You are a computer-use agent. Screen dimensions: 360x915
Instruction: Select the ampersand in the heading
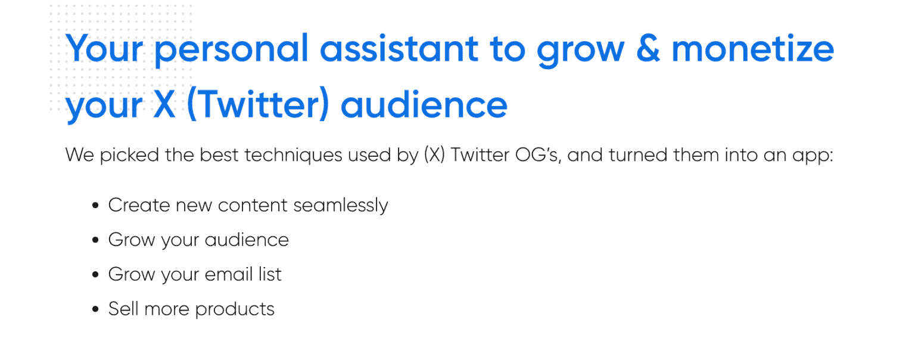pos(647,48)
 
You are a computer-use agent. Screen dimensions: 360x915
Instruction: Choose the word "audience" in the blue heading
pos(424,104)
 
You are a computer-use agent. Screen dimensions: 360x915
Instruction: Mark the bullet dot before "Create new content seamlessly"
pos(96,206)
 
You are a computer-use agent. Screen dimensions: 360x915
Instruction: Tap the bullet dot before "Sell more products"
pos(96,310)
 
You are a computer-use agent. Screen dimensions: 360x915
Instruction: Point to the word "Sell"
pos(122,309)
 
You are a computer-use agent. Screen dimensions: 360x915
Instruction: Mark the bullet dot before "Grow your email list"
pos(96,275)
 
